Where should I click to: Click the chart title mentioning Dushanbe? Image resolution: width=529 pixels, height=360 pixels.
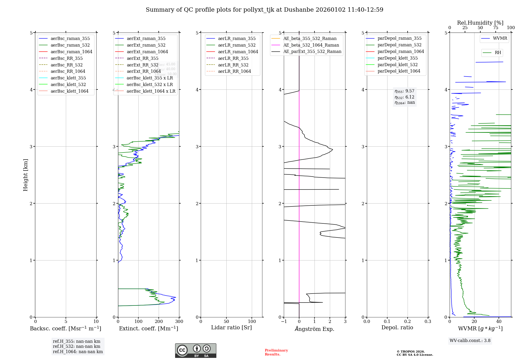pos(264,10)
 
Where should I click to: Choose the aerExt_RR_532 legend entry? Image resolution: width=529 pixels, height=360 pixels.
pos(142,65)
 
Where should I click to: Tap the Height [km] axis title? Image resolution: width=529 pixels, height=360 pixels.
pos(25,175)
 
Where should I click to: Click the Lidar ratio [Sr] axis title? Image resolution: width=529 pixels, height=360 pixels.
pos(231,327)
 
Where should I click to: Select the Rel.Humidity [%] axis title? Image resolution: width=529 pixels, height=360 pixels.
pos(480,23)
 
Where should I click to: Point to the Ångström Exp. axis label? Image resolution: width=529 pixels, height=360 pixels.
pos(314,329)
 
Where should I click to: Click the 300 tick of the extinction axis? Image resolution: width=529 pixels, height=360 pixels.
pos(179,322)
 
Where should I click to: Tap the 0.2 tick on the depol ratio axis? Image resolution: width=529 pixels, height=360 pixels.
pos(408,322)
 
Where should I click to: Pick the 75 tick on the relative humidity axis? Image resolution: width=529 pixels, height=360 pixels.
pos(495,28)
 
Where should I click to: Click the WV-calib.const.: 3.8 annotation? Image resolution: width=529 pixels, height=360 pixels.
pos(470,341)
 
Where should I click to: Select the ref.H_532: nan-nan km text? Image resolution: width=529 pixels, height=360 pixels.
pos(76,346)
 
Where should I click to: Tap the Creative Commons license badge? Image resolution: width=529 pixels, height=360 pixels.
pos(195,350)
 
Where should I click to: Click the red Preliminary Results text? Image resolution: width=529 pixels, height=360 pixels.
pos(276,352)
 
